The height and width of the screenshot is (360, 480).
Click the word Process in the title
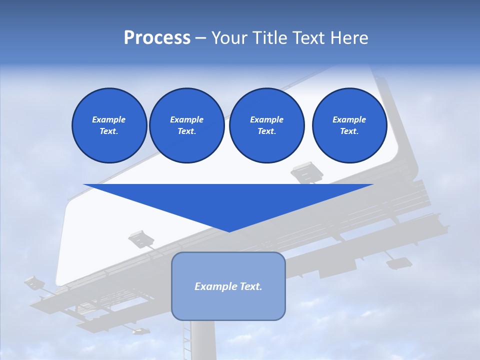(x=157, y=38)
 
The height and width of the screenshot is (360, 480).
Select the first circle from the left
(x=109, y=125)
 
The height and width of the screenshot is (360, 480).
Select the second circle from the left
(x=186, y=125)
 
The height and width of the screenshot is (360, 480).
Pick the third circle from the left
(x=266, y=125)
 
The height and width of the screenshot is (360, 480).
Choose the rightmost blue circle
(x=349, y=125)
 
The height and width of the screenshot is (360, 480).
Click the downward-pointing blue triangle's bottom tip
(x=228, y=230)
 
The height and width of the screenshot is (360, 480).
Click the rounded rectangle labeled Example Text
(x=228, y=286)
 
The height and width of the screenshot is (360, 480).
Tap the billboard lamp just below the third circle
(x=307, y=172)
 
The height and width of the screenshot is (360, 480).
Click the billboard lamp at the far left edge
(x=34, y=282)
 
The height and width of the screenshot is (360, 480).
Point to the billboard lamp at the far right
(x=399, y=262)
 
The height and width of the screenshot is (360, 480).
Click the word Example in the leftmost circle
(x=109, y=119)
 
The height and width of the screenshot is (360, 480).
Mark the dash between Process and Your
(x=200, y=38)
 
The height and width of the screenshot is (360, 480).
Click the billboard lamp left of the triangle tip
(x=141, y=238)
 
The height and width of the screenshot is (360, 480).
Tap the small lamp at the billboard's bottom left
(x=140, y=330)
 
